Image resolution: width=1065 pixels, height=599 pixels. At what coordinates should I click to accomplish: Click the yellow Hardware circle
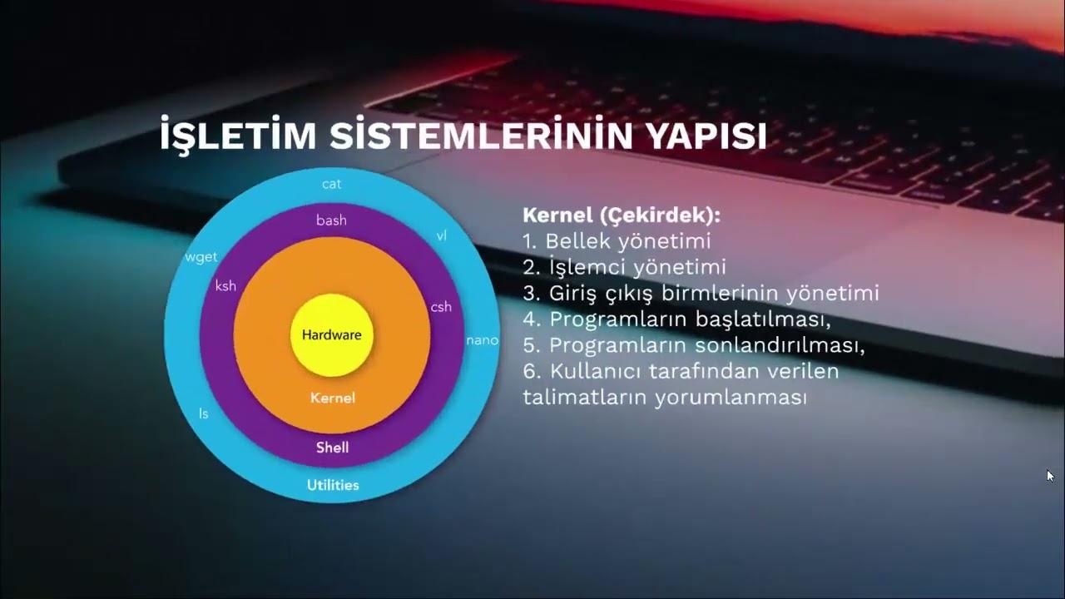331,335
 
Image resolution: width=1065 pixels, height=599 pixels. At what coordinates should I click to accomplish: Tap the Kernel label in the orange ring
332,398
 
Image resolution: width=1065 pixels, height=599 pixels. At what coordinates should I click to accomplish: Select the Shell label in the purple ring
332,448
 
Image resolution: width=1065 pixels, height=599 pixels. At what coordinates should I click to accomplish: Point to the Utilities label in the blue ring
333,485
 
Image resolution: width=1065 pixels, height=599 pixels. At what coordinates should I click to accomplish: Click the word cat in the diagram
331,184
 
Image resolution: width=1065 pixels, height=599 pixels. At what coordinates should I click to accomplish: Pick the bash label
331,220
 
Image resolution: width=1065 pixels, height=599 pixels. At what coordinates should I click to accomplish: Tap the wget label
201,257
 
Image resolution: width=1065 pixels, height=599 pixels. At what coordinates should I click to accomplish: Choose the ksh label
225,286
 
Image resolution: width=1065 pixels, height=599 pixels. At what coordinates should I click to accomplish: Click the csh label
441,307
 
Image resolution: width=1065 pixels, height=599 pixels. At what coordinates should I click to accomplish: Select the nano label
482,340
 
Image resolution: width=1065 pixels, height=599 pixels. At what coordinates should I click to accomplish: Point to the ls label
204,413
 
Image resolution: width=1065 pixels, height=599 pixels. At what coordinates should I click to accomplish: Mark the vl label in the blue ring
442,235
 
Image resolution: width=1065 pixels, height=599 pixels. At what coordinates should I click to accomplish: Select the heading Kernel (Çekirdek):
621,215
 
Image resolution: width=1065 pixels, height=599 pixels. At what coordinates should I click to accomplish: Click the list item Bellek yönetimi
627,241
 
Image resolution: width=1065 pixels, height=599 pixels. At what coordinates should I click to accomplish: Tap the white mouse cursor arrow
1050,476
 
